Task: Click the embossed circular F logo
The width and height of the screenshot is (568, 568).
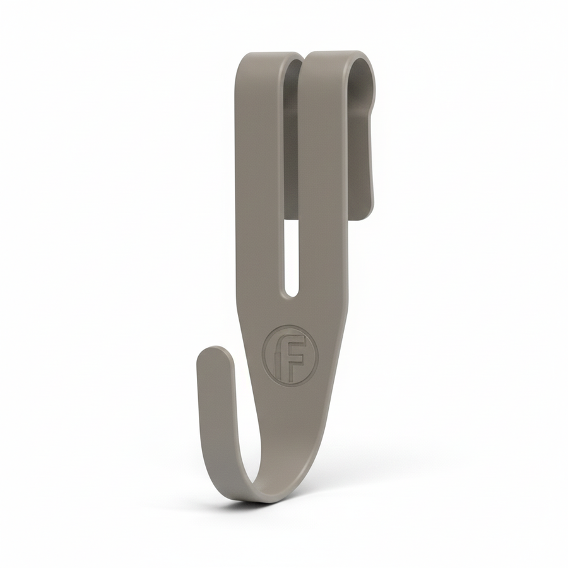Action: [290, 354]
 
